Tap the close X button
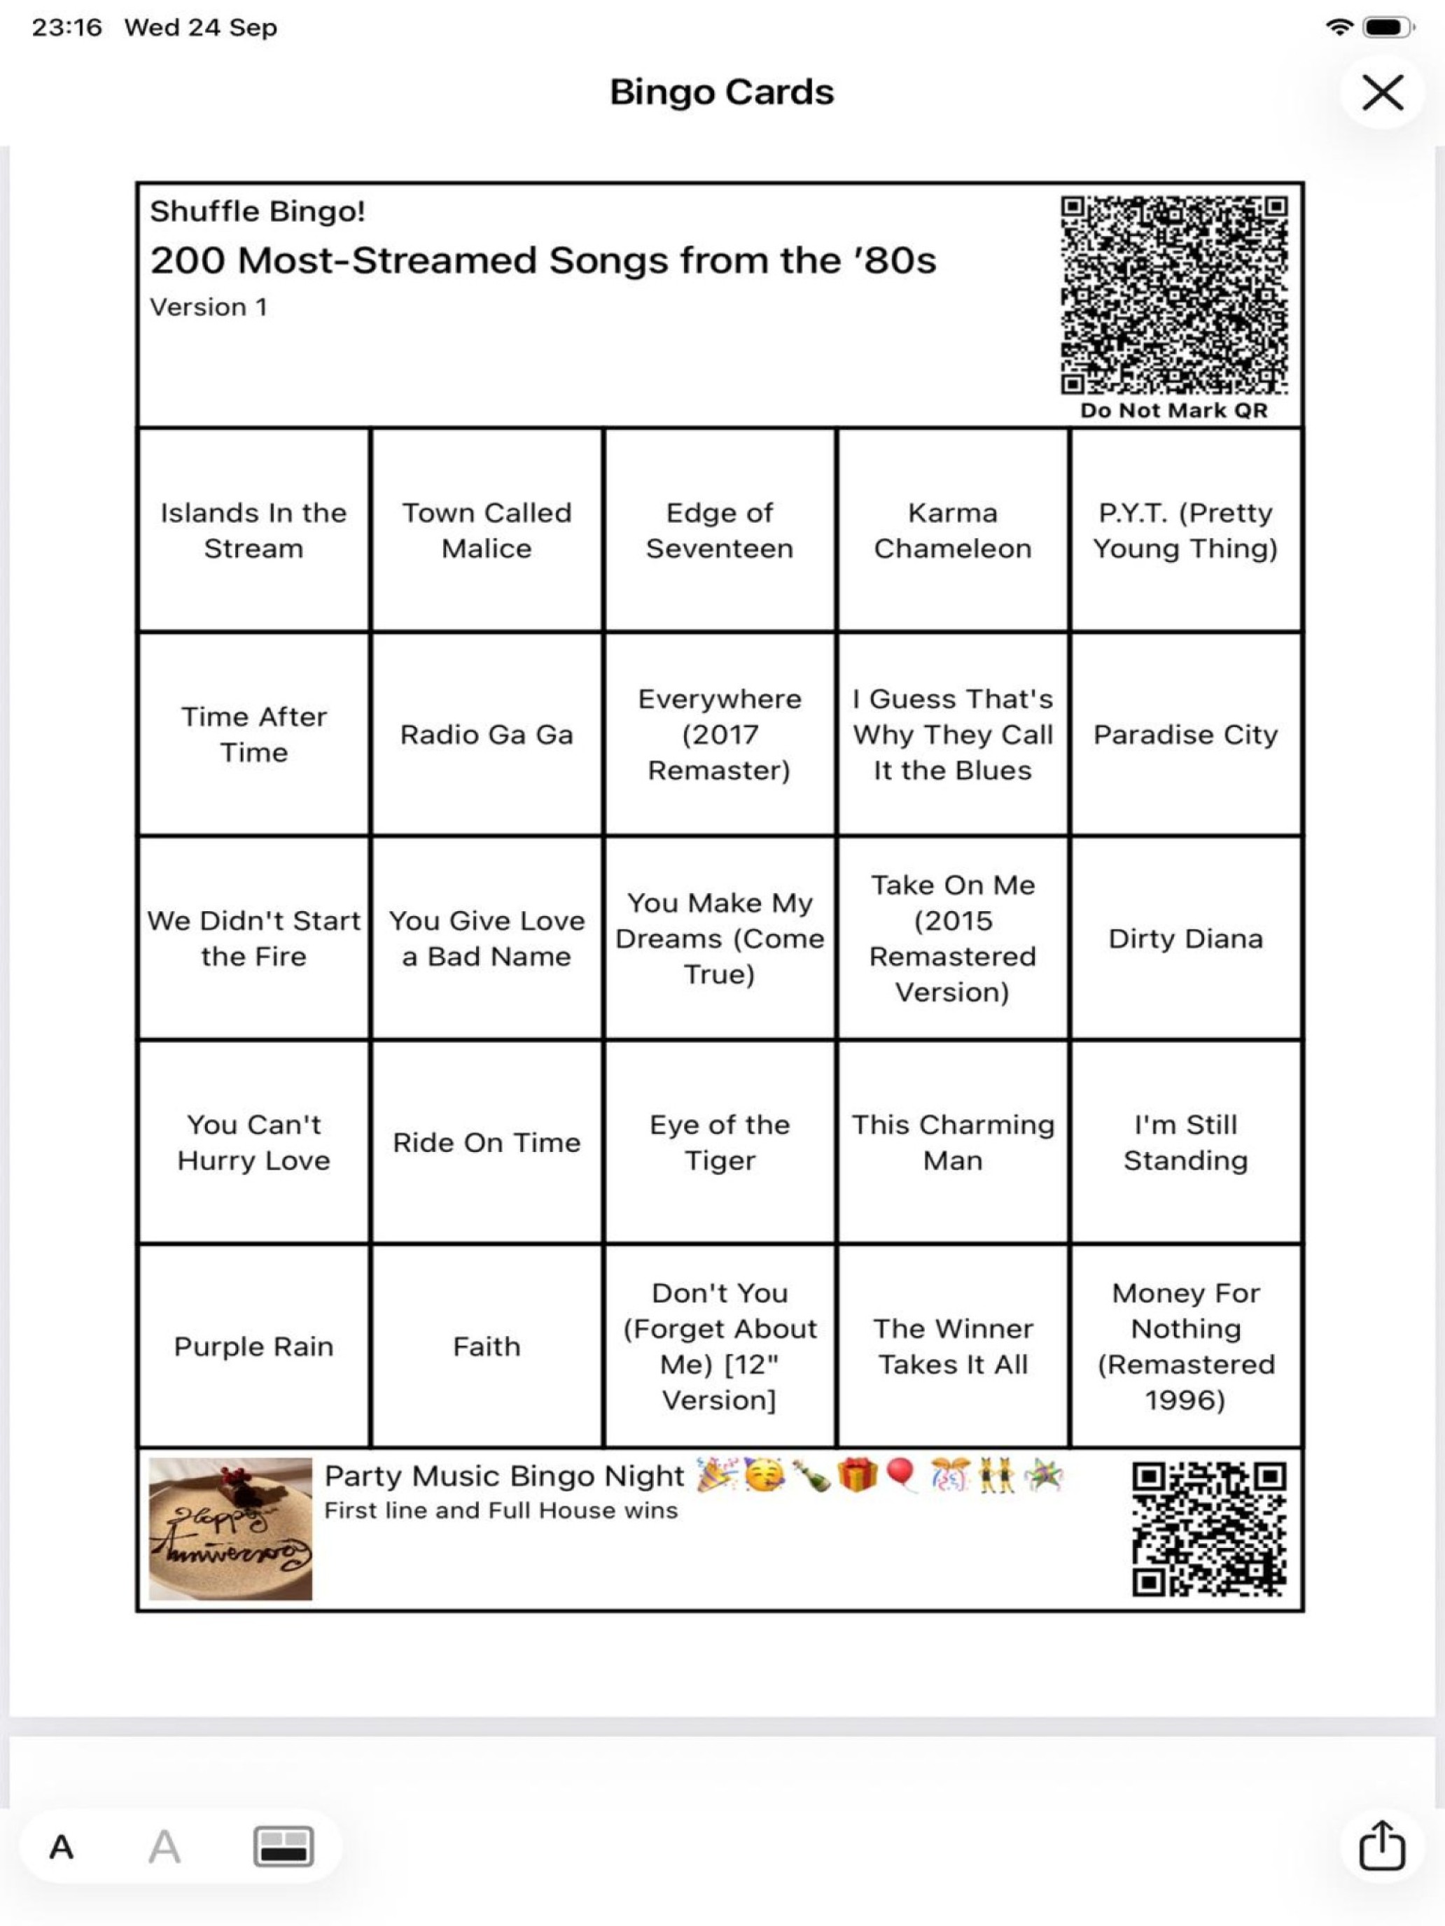1382,92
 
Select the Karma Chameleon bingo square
952,530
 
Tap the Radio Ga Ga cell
486,734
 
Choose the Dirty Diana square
1185,938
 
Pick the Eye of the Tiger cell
720,1141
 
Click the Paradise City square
1185,734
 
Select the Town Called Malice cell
486,530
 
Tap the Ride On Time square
486,1141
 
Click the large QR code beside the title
1173,295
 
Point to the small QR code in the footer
1208,1529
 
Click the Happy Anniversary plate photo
230,1529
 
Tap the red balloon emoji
900,1475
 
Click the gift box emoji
857,1476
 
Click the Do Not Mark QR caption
1173,410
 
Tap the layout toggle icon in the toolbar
283,1846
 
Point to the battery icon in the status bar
1388,28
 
